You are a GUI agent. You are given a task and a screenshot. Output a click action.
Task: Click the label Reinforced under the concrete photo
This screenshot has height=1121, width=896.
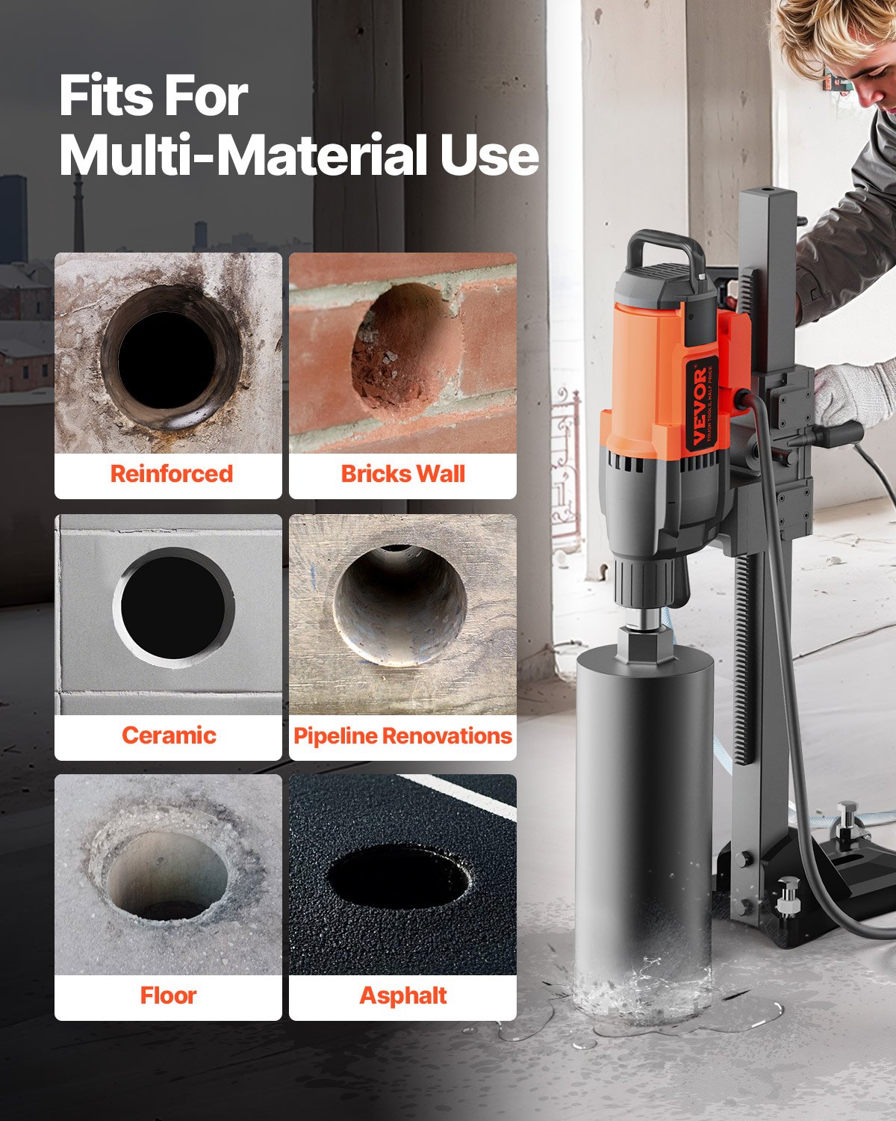click(171, 474)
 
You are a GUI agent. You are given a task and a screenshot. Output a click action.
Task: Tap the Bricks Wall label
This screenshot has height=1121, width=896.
click(402, 474)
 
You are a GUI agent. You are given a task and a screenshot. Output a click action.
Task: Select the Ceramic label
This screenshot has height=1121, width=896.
click(169, 735)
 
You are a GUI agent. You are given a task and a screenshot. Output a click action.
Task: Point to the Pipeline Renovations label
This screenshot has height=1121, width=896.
click(402, 736)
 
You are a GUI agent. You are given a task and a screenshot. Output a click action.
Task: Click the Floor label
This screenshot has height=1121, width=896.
click(168, 995)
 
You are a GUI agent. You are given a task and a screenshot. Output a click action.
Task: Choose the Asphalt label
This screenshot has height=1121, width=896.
click(402, 995)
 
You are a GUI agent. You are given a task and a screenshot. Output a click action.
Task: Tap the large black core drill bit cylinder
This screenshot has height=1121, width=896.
click(643, 822)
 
